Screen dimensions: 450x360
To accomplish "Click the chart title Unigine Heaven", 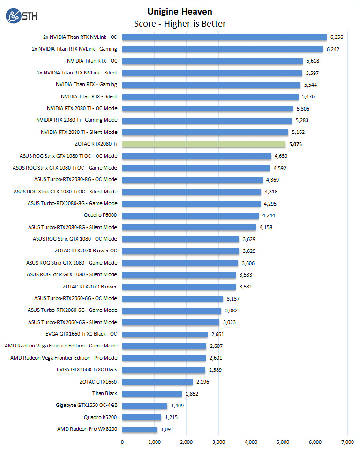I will [x=180, y=11].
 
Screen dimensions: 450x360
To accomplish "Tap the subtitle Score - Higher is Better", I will [x=180, y=23].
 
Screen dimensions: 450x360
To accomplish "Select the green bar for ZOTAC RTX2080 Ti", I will [x=204, y=144].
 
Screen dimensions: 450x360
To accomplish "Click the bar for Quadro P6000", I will [x=190, y=215].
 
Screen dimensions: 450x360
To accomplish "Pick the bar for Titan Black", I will [x=152, y=394].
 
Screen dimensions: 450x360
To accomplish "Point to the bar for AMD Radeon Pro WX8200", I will [x=140, y=429].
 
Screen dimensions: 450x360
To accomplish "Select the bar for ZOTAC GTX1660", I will [x=157, y=382].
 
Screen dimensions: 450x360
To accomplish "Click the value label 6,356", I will [x=337, y=37].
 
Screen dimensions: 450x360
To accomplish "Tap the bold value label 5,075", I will [x=296, y=144].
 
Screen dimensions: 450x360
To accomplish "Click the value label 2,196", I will [x=202, y=382].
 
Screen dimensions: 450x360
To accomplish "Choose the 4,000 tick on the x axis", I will [x=251, y=442].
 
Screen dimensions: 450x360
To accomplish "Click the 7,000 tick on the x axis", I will [x=347, y=442].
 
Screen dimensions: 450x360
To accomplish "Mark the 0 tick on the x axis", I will [x=122, y=442].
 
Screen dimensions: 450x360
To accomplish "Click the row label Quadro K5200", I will [x=101, y=417].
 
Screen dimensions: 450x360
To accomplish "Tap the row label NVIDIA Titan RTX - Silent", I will [x=89, y=96].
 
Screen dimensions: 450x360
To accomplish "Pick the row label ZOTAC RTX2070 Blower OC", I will [x=86, y=251].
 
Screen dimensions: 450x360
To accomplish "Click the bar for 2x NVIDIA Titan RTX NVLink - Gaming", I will [x=223, y=49].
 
